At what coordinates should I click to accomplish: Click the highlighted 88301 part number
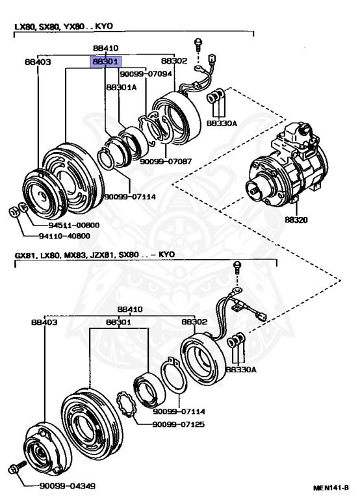[x=105, y=62]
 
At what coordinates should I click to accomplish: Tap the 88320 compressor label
[x=296, y=220]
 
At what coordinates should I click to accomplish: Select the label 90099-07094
[x=146, y=74]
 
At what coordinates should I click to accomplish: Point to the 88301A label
[x=122, y=87]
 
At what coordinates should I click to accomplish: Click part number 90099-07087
[x=166, y=161]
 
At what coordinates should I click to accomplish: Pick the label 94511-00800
[x=74, y=225]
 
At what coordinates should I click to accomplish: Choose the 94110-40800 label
[x=64, y=236]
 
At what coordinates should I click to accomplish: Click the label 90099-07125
[x=178, y=424]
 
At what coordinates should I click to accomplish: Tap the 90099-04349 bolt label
[x=67, y=486]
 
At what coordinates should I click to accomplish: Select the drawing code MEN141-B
[x=331, y=487]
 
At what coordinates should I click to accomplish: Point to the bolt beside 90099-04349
[x=17, y=468]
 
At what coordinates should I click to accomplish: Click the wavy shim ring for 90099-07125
[x=126, y=404]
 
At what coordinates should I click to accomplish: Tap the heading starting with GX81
[x=94, y=255]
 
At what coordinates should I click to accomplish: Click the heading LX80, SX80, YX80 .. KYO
[x=64, y=26]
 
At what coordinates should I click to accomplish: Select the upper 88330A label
[x=222, y=123]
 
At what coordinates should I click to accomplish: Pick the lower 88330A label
[x=241, y=370]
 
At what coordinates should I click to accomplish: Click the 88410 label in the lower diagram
[x=130, y=309]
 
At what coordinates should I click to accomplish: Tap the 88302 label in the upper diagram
[x=174, y=60]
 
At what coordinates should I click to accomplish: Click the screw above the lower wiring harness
[x=237, y=267]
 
